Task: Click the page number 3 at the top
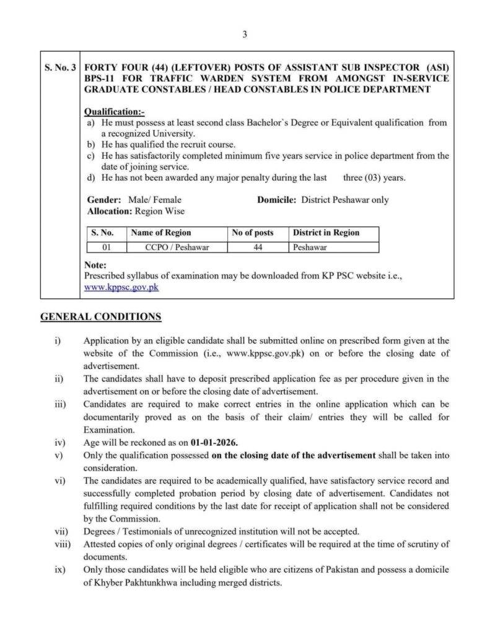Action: click(x=245, y=35)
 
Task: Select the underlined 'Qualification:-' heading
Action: click(x=113, y=112)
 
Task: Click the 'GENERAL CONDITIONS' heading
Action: click(x=101, y=317)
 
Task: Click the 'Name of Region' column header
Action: click(x=160, y=233)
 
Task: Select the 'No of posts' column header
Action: click(x=252, y=233)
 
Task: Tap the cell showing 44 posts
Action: click(x=258, y=247)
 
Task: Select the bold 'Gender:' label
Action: click(x=102, y=200)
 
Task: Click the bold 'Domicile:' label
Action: click(x=276, y=200)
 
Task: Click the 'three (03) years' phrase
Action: click(x=374, y=177)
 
